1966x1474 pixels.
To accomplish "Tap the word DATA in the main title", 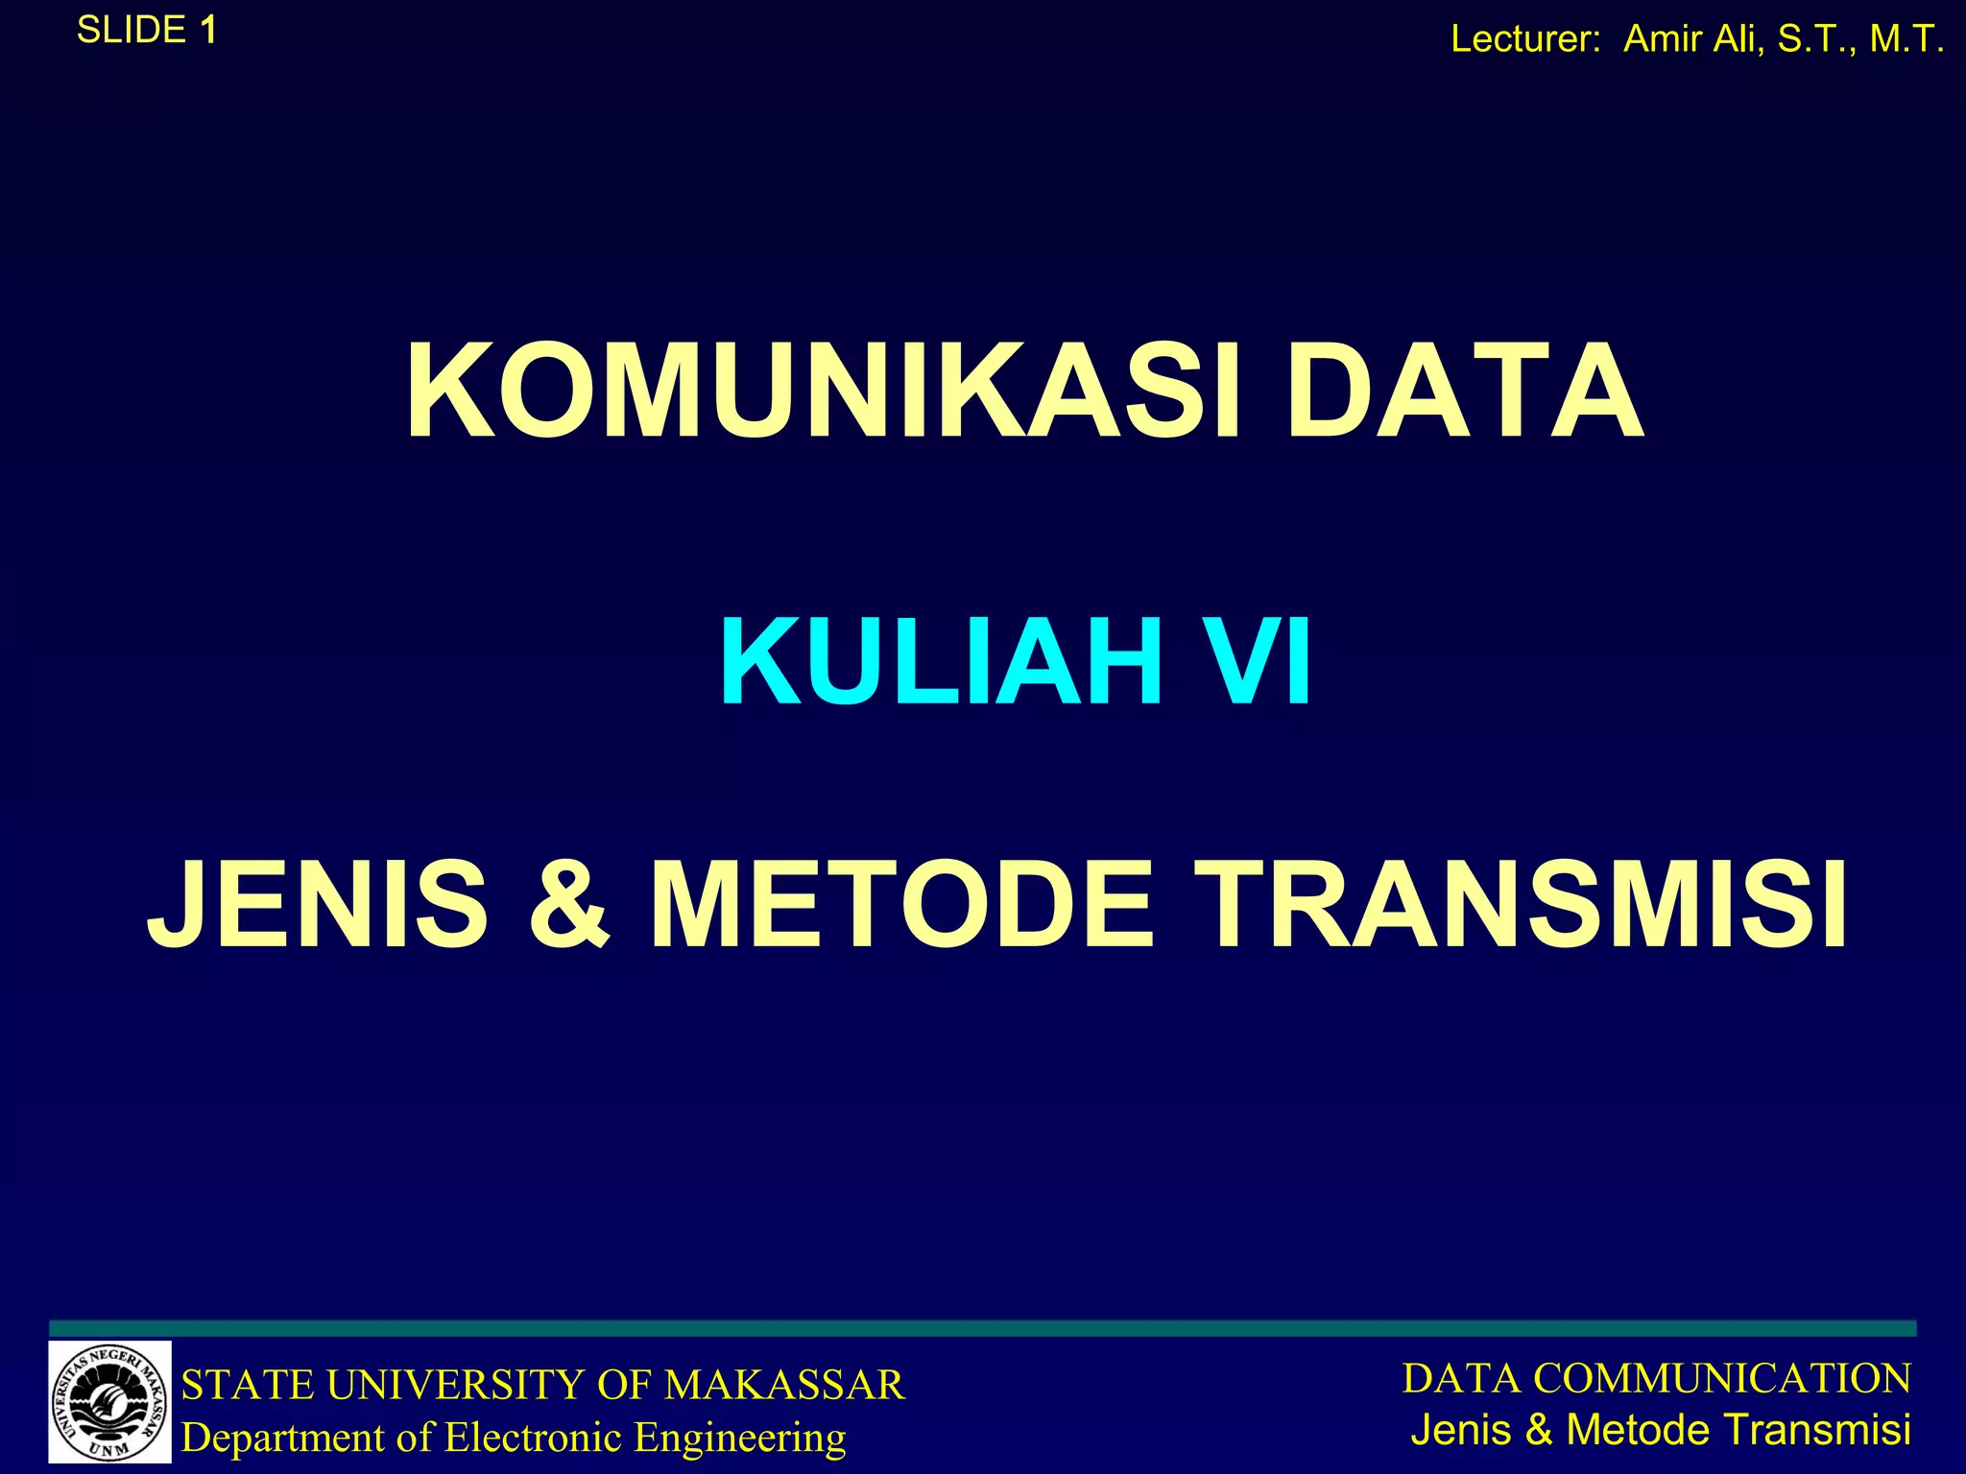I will (1464, 393).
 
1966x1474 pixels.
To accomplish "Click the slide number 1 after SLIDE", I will (207, 31).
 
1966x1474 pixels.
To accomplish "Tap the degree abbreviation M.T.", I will (1906, 39).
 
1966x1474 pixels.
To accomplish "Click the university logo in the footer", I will (109, 1402).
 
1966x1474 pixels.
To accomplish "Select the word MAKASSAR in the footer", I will (784, 1385).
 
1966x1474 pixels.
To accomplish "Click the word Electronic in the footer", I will (533, 1438).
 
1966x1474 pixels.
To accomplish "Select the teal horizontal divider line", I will (983, 1328).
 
